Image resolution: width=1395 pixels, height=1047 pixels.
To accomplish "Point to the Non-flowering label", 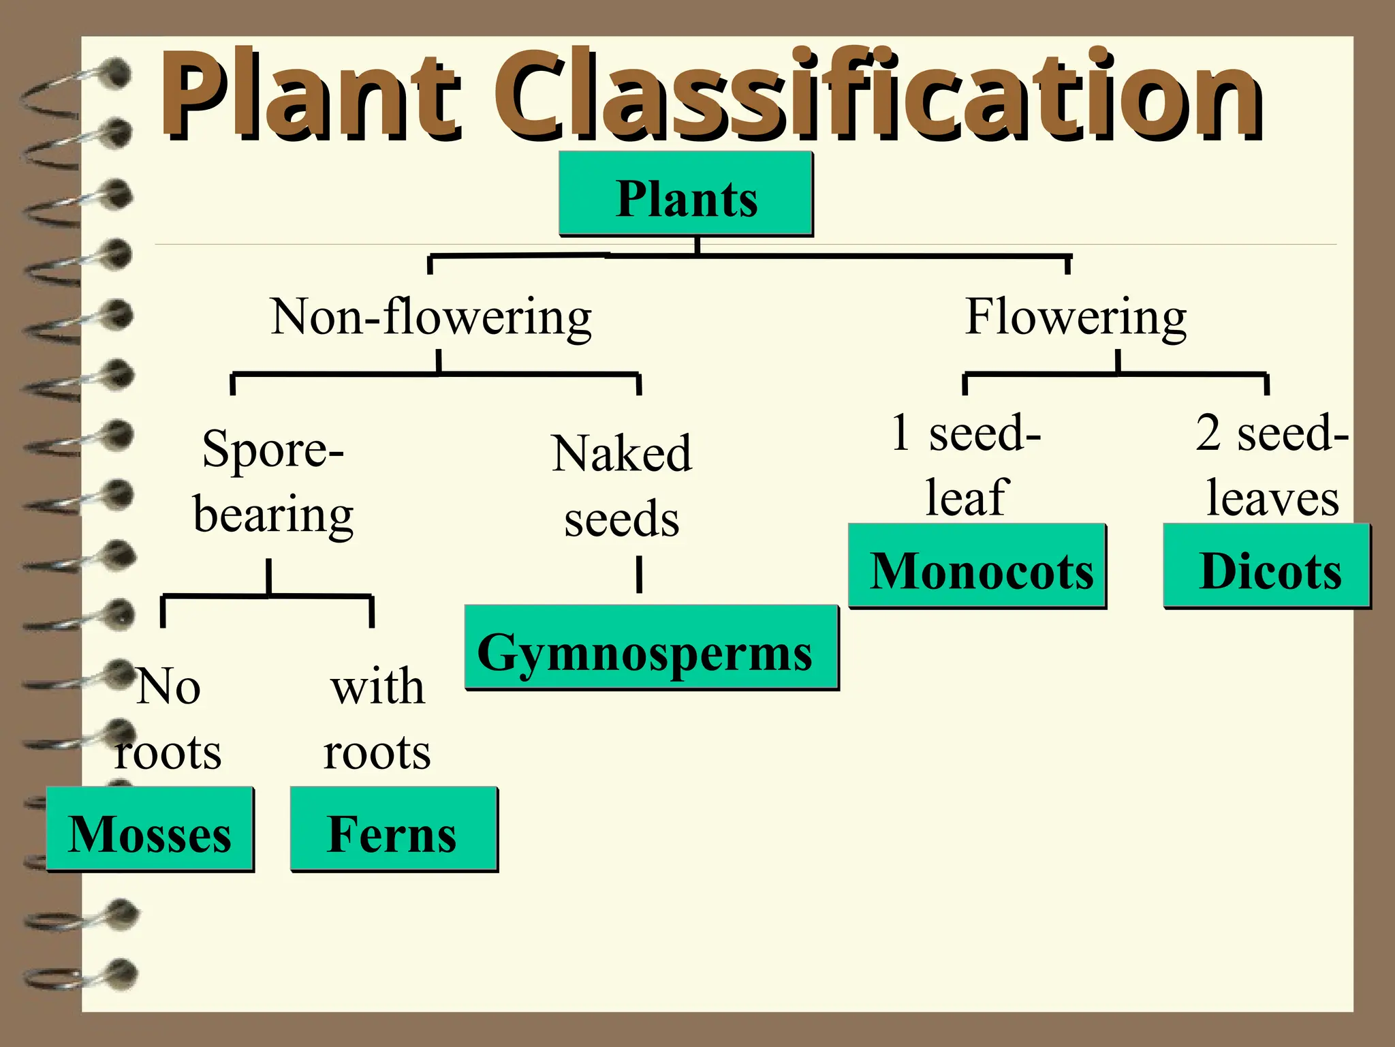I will (431, 317).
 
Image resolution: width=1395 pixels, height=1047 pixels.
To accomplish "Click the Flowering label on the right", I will (1076, 317).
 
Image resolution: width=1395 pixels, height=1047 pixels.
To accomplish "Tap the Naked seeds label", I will (622, 485).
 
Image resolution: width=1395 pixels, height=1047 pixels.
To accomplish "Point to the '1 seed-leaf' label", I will (966, 465).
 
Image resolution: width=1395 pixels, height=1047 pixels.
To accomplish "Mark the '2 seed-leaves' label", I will (1272, 465).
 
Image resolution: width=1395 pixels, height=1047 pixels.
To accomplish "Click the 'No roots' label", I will (168, 719).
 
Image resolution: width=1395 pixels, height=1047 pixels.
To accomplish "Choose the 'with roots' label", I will (377, 719).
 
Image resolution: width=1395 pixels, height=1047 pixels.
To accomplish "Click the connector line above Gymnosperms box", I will (639, 574).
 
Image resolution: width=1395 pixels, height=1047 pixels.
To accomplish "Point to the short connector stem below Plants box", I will (697, 245).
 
